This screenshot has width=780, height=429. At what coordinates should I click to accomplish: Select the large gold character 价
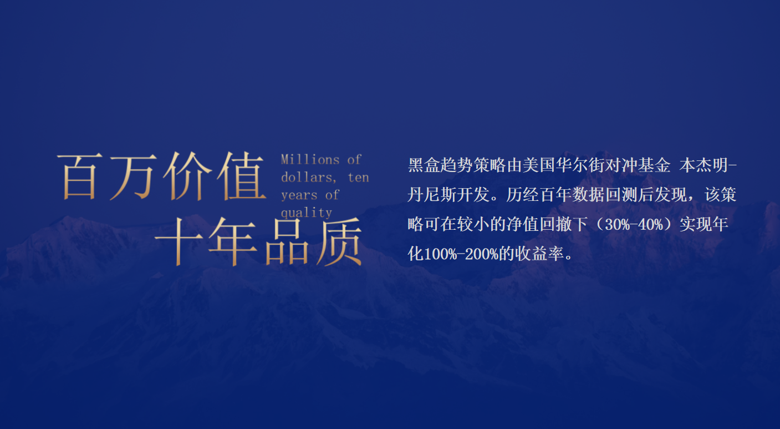(x=187, y=176)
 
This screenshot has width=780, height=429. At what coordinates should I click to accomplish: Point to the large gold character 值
(x=239, y=176)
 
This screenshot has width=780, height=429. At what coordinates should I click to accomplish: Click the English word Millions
(x=310, y=160)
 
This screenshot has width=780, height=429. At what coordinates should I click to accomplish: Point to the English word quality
(x=307, y=213)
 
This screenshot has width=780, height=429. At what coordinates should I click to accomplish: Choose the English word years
(x=299, y=195)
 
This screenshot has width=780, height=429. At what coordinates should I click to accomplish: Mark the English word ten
(x=358, y=178)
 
